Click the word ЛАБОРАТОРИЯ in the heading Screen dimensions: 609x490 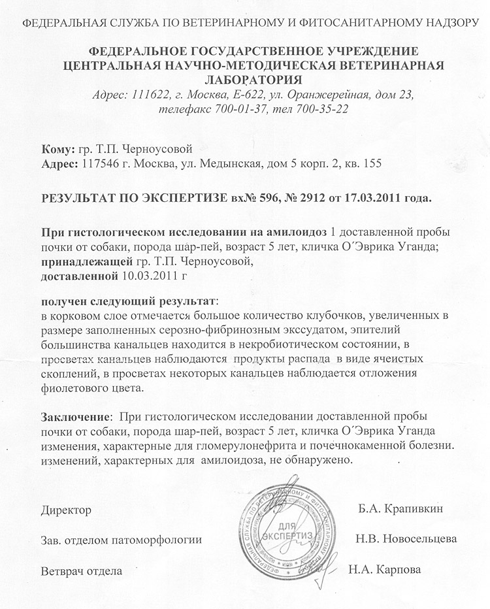[x=245, y=80]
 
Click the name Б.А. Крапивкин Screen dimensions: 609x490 [x=399, y=508]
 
